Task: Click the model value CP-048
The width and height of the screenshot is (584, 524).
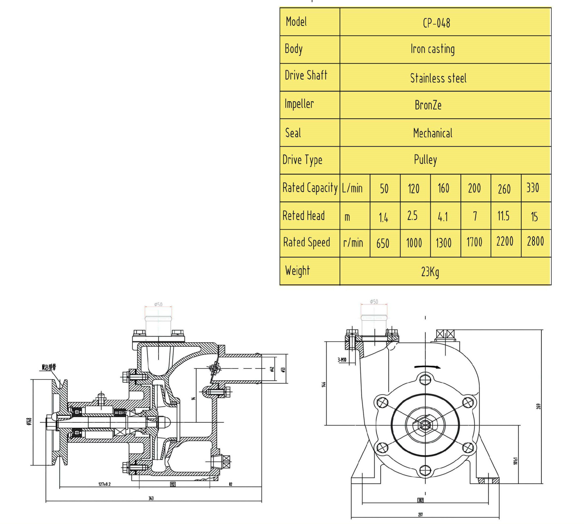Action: (436, 23)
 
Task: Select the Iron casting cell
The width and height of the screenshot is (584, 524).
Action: (432, 49)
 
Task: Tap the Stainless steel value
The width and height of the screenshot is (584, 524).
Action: (438, 78)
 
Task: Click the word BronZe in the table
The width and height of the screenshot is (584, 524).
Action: (428, 105)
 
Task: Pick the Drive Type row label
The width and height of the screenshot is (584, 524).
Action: (302, 160)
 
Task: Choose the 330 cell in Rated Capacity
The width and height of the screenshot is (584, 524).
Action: (533, 188)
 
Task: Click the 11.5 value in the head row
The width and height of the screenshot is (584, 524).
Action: (503, 216)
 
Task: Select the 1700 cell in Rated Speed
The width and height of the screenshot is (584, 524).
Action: (474, 242)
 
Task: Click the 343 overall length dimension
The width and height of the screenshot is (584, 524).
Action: (151, 498)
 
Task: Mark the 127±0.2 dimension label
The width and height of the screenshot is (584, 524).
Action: (105, 484)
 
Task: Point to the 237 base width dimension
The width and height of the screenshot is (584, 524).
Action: (420, 514)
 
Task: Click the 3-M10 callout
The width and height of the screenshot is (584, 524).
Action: (342, 360)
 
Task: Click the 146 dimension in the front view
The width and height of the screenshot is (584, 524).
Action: (324, 384)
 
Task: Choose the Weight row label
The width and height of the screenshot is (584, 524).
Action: (298, 271)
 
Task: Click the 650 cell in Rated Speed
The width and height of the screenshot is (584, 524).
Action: (383, 244)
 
